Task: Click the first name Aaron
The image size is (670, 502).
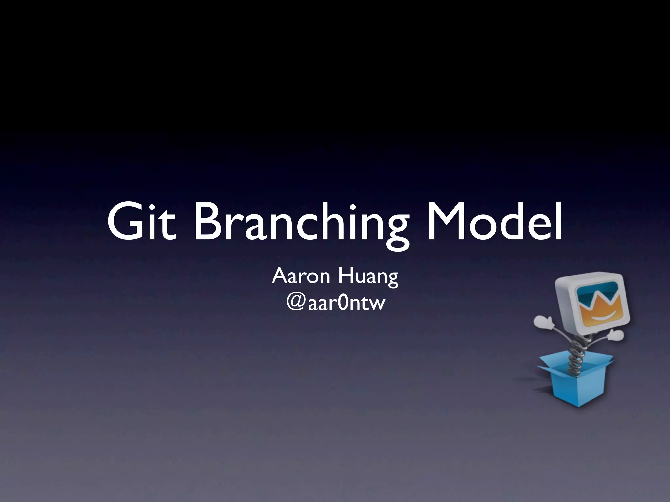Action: (x=301, y=276)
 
